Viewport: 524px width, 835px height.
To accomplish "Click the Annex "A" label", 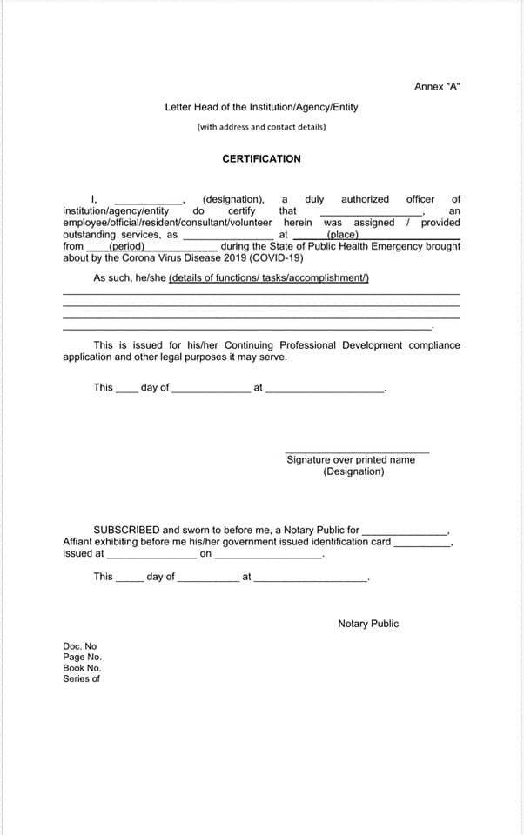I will tap(437, 86).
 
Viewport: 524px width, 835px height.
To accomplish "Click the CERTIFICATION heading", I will tap(261, 159).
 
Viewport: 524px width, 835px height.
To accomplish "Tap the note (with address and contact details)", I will tap(261, 127).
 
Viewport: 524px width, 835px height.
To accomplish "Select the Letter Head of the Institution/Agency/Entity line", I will tap(261, 107).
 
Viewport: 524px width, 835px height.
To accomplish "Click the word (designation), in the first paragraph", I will tap(233, 199).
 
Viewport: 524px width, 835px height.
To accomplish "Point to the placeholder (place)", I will tap(342, 235).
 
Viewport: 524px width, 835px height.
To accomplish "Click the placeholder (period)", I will tap(126, 246).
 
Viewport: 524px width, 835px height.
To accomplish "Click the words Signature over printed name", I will tap(351, 459).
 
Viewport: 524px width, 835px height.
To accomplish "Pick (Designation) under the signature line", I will tap(353, 471).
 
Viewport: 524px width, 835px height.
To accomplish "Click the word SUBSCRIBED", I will tap(126, 530).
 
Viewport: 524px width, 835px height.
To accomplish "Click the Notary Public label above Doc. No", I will tap(368, 624).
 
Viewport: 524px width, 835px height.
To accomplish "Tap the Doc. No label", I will tap(80, 646).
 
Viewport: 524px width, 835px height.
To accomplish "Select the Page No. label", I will tap(82, 658).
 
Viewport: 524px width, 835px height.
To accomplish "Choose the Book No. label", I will tap(82, 668).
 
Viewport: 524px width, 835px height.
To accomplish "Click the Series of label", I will tap(81, 678).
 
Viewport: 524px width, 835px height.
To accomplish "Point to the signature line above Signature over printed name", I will tap(357, 451).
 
